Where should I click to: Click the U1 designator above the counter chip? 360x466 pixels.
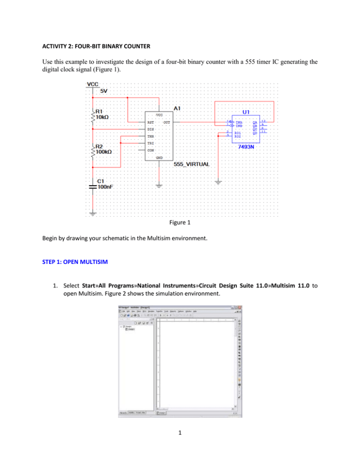click(246, 112)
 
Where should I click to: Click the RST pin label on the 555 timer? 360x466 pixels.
click(151, 122)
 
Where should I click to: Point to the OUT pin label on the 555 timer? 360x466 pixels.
click(166, 122)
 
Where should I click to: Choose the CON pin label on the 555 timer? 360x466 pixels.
click(151, 150)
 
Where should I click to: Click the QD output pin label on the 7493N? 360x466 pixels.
click(255, 133)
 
